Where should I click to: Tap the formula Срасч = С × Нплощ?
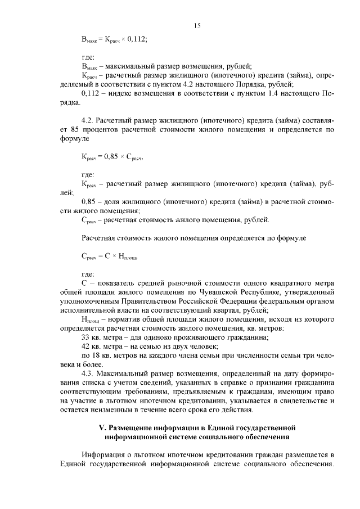109,256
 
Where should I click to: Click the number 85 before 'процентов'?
73,129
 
